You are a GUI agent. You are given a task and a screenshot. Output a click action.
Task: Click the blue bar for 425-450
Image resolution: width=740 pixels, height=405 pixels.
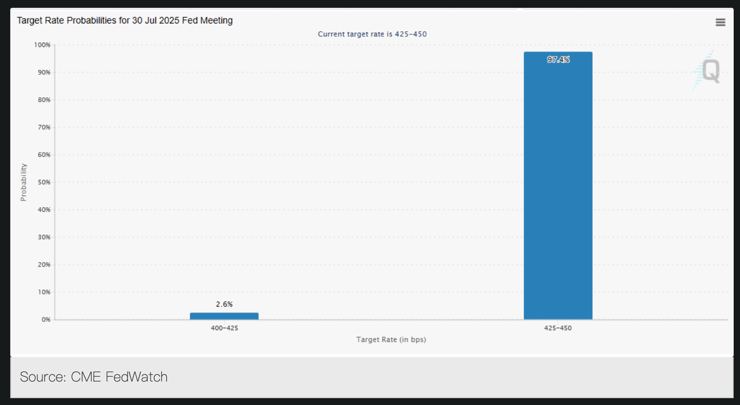(558, 185)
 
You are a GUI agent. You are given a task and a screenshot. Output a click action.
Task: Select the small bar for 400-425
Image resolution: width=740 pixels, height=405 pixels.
(224, 316)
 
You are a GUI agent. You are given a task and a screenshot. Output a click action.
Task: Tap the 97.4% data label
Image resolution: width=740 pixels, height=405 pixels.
(558, 60)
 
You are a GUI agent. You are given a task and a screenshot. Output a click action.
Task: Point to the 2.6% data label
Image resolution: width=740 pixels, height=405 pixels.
(224, 304)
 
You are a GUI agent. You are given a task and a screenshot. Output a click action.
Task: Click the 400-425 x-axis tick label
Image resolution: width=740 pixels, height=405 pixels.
(224, 328)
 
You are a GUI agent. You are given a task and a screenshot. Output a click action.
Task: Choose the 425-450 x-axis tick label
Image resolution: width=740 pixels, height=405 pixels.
(558, 328)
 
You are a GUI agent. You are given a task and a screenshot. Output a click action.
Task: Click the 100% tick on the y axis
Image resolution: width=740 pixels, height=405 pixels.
(43, 45)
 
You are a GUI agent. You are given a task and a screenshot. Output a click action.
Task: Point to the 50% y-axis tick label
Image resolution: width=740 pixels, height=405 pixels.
(44, 182)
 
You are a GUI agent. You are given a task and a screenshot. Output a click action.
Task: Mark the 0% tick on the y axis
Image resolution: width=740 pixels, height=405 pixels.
(45, 319)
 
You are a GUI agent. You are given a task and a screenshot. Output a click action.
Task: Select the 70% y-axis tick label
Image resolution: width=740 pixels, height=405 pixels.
(44, 127)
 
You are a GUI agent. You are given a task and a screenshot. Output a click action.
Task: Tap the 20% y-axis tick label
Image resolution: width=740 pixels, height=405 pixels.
(44, 264)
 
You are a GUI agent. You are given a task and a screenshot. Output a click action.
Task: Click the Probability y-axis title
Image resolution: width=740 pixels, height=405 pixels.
(24, 182)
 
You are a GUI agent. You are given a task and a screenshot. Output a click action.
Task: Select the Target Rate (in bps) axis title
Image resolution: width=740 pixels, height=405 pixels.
(391, 340)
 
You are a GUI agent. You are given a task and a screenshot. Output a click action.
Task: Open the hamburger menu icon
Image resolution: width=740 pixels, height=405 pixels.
(720, 22)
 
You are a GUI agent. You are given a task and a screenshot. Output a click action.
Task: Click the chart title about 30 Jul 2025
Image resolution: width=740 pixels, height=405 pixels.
(125, 21)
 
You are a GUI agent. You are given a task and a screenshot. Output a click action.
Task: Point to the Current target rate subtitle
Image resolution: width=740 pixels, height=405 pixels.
(372, 34)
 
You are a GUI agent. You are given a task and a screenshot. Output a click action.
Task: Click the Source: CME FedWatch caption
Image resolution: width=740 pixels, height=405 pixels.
(94, 377)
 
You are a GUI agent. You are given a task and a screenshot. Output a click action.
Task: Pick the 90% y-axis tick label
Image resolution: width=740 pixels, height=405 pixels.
(44, 72)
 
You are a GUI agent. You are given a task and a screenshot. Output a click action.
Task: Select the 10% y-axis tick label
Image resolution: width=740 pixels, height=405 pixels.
(44, 292)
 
